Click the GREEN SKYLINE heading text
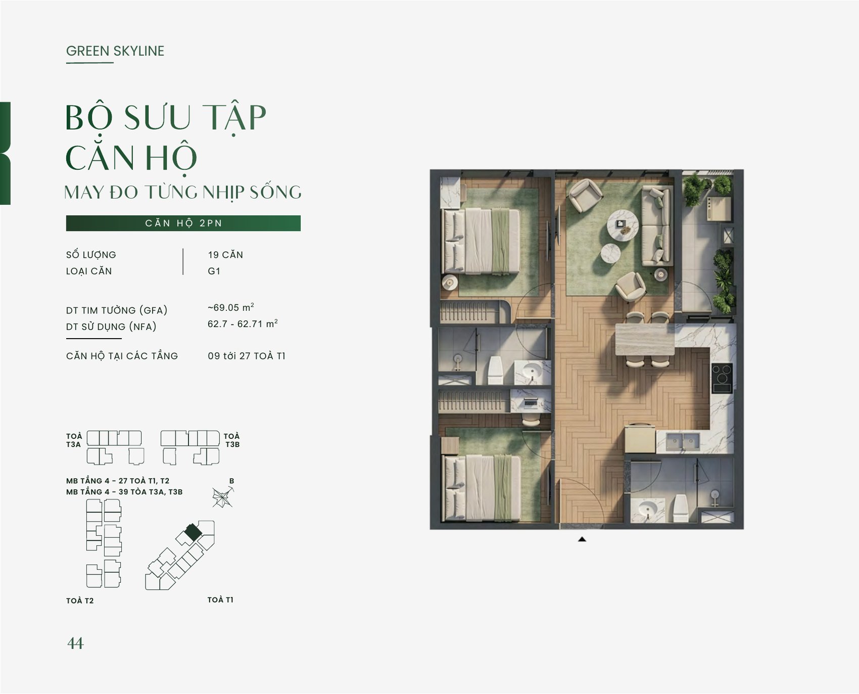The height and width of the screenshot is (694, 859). click(x=115, y=51)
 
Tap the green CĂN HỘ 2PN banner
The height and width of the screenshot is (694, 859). click(x=183, y=223)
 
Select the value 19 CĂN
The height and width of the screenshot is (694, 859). click(x=225, y=255)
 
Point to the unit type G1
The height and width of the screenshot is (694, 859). click(x=214, y=271)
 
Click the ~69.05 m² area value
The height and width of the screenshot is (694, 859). click(x=231, y=307)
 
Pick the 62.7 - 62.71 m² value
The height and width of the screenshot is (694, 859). click(x=243, y=323)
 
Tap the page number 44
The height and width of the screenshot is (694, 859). click(x=75, y=643)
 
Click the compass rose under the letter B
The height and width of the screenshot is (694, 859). click(x=223, y=497)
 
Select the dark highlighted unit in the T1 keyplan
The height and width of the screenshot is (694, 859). click(x=192, y=532)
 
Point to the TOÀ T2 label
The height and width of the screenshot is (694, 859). click(x=80, y=600)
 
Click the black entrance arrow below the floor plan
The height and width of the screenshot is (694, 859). click(x=582, y=539)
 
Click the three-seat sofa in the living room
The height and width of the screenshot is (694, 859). click(x=657, y=225)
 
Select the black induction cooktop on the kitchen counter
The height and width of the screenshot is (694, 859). click(x=722, y=378)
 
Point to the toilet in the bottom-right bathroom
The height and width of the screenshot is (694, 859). click(x=680, y=508)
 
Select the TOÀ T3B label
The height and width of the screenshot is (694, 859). click(x=232, y=440)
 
